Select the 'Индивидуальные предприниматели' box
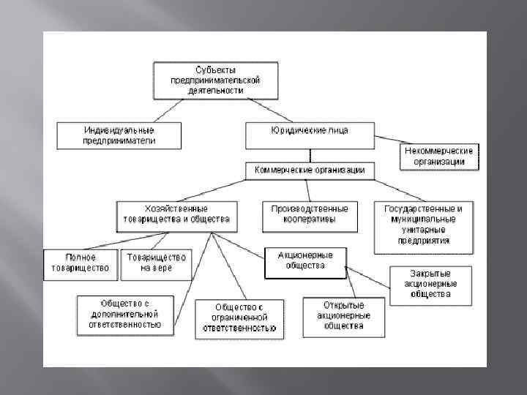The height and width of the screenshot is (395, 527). pos(119,136)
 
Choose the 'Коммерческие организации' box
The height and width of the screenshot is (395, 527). pos(310,170)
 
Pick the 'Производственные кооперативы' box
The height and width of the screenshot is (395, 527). pos(310,214)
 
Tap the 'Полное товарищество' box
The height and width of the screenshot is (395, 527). pos(81,263)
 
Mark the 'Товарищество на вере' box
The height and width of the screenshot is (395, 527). pos(157,263)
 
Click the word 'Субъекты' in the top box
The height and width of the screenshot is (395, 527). pos(215,69)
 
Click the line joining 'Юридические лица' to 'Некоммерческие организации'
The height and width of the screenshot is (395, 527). pos(387,140)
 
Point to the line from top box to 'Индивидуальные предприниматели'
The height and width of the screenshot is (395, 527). pos(168,109)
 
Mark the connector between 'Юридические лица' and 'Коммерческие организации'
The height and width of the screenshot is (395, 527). pos(310,155)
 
